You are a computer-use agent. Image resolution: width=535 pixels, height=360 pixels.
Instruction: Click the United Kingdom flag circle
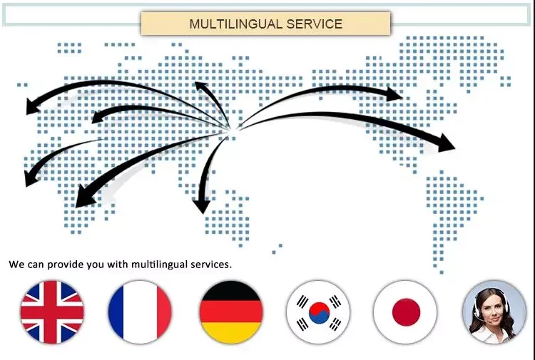point(52,312)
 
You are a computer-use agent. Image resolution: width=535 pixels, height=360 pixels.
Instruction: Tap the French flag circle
point(140,312)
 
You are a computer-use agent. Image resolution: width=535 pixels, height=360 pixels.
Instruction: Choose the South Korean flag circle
point(319,312)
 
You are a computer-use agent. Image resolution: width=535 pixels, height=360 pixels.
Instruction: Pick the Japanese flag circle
point(407,312)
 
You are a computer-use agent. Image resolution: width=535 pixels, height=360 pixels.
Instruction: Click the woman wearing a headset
point(494,312)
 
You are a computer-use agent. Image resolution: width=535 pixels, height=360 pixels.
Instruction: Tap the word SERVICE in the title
point(314,24)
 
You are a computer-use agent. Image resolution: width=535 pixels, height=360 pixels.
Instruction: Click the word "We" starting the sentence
point(16,264)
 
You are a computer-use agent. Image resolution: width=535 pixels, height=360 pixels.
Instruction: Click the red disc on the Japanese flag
point(407,312)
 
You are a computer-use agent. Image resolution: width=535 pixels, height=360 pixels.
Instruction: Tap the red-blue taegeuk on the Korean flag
point(319,312)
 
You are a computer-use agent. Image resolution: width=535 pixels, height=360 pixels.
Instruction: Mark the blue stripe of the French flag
point(118,312)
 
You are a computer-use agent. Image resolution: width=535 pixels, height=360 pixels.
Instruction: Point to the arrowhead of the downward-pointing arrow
point(201,206)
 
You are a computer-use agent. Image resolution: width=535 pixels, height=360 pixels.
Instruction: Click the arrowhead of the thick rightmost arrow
point(447,143)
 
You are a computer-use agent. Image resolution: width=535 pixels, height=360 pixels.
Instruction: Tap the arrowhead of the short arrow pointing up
point(200,86)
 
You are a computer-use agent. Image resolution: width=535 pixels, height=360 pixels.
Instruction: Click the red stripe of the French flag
point(161,312)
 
